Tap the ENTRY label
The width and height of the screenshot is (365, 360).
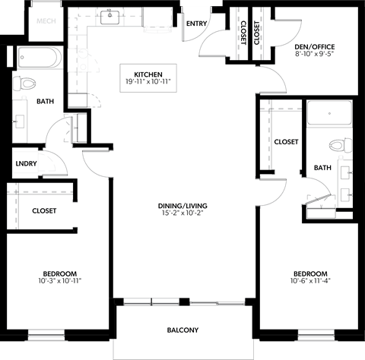pos(195,24)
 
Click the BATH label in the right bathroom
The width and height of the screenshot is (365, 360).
pos(322,168)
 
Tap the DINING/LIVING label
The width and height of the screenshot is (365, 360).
pos(182,206)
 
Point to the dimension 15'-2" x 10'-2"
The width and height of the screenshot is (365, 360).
pos(182,213)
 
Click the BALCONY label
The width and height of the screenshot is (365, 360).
pos(182,330)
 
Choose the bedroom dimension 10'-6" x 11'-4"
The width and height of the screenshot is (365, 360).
pos(310,282)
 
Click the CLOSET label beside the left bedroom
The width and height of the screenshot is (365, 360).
pos(44,210)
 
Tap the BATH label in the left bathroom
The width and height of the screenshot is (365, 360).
pos(45,101)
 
